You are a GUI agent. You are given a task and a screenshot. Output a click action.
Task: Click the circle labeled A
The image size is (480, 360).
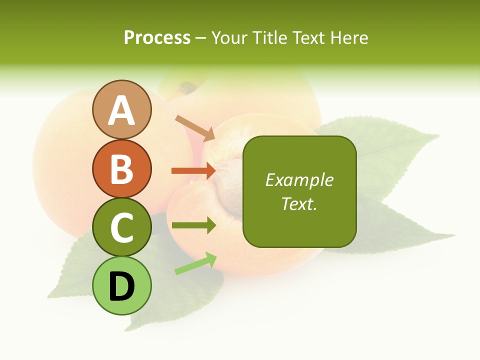[121, 109]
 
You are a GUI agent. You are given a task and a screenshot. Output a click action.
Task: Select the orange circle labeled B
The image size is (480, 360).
[121, 168]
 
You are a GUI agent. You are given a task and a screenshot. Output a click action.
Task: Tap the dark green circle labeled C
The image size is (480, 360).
[121, 227]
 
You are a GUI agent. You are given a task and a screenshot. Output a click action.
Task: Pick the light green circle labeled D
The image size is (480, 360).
[121, 285]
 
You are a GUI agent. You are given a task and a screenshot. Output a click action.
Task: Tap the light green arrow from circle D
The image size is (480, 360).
[195, 263]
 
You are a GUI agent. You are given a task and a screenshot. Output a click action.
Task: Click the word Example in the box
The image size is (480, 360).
[299, 180]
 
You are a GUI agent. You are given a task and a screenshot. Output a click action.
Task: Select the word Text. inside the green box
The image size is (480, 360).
[299, 203]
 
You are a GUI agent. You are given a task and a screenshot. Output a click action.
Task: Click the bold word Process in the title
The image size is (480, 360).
[157, 37]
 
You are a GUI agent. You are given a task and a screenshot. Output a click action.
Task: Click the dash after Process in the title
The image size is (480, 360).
[201, 38]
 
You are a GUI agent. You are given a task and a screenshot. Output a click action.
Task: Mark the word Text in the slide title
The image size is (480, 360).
[310, 37]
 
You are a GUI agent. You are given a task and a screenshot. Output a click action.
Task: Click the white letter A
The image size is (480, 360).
[121, 110]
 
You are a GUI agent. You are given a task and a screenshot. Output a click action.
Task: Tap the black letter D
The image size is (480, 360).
[121, 286]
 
